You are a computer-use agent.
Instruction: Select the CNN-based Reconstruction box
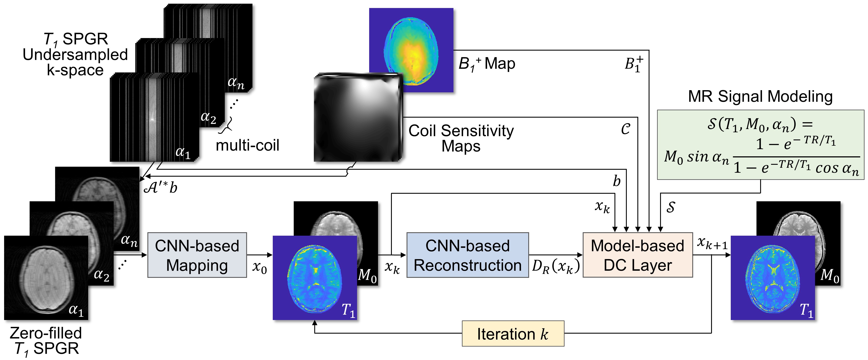pos(467,255)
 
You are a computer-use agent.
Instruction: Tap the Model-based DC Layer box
pos(638,255)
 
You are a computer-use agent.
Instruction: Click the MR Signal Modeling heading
pos(760,97)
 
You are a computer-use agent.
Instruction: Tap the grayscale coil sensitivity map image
pos(357,118)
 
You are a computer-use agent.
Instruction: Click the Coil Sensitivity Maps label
pos(461,138)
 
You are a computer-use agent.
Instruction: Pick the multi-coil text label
pos(247,146)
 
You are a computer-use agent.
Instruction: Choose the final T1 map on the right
pos(772,277)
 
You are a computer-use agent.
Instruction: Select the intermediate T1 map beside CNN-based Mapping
pos(314,277)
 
